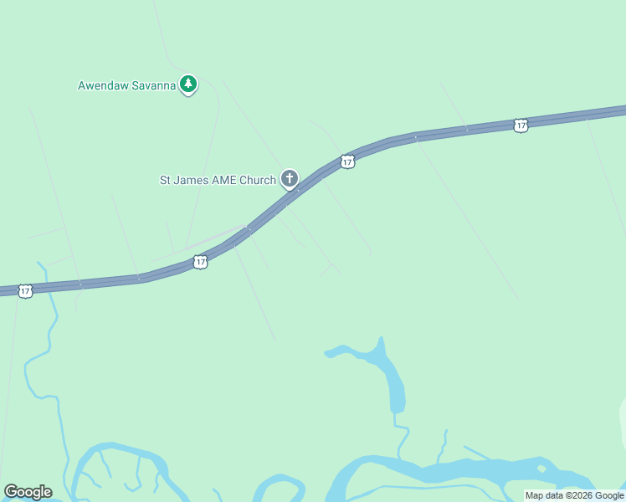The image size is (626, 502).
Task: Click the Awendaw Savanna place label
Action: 127,85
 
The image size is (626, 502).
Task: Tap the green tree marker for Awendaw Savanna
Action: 189,84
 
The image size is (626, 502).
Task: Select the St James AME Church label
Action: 218,180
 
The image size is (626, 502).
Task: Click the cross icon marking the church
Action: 290,178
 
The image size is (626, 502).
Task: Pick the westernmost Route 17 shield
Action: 25,291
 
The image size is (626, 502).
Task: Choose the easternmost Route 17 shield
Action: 521,125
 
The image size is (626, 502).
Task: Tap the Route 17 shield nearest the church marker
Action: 347,161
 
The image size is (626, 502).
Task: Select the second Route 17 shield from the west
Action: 200,263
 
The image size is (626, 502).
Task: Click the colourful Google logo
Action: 28,492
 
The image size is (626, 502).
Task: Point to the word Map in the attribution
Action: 534,496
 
